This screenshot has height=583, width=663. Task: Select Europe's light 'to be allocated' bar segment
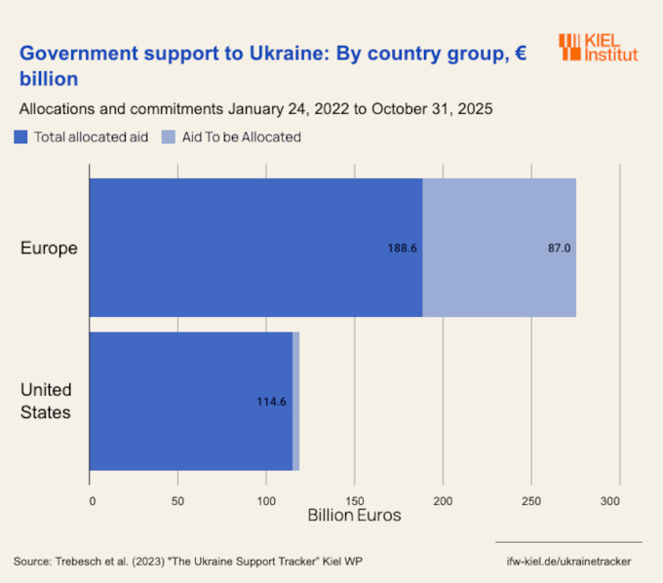point(499,248)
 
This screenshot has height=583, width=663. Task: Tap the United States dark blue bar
point(191,401)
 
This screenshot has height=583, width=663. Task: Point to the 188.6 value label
point(403,249)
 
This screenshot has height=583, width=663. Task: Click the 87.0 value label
point(559,249)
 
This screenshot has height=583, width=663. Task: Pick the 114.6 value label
point(270,402)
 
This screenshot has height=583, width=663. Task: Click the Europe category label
point(49,249)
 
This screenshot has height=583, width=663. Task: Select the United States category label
point(46,401)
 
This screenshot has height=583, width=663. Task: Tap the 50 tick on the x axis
point(177,501)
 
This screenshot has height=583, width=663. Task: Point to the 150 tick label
point(354,501)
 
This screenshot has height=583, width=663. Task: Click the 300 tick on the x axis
point(610,501)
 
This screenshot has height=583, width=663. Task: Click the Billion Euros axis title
point(354,515)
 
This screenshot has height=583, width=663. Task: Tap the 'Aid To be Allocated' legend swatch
point(169,137)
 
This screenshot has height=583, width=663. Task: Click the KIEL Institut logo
point(598,47)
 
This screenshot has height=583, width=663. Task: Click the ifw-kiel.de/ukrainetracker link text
point(569,562)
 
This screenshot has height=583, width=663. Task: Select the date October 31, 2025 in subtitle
point(430,108)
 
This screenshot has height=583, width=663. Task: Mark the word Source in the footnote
point(32,562)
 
